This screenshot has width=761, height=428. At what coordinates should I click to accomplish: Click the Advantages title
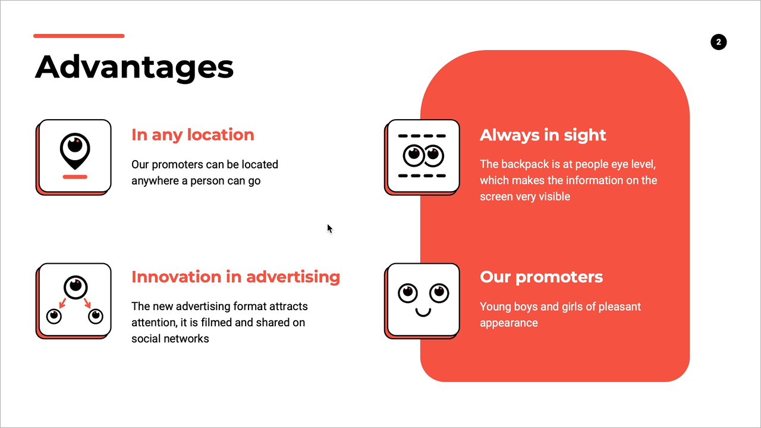coord(134,68)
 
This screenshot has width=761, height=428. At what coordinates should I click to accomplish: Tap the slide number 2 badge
coord(719,42)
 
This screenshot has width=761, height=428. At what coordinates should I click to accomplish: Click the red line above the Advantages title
coord(79,36)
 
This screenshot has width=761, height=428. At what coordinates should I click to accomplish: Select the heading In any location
coord(193,135)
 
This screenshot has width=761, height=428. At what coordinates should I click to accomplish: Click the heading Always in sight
coord(543,135)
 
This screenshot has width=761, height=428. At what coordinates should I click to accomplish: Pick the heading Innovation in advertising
coord(236,277)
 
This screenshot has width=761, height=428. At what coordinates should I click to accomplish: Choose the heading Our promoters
coord(542,277)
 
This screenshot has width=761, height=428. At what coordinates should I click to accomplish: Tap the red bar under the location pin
coord(75,177)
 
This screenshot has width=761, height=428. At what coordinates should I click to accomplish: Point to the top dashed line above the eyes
coord(422,136)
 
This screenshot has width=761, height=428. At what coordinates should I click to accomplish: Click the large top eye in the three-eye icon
coord(76,287)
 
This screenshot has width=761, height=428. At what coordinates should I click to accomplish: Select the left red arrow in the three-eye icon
coord(62,303)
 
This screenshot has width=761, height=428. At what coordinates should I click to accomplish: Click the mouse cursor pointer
coord(329,229)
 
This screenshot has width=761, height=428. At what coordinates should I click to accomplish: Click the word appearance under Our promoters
coord(509,323)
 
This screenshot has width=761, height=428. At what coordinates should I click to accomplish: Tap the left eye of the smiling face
coord(408,293)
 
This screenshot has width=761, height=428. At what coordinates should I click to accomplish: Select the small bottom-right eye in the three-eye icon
coord(96,317)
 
